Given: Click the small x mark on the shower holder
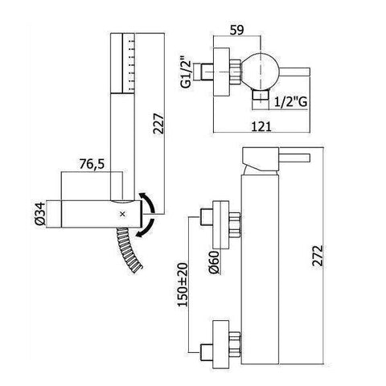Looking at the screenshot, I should (122, 214).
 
